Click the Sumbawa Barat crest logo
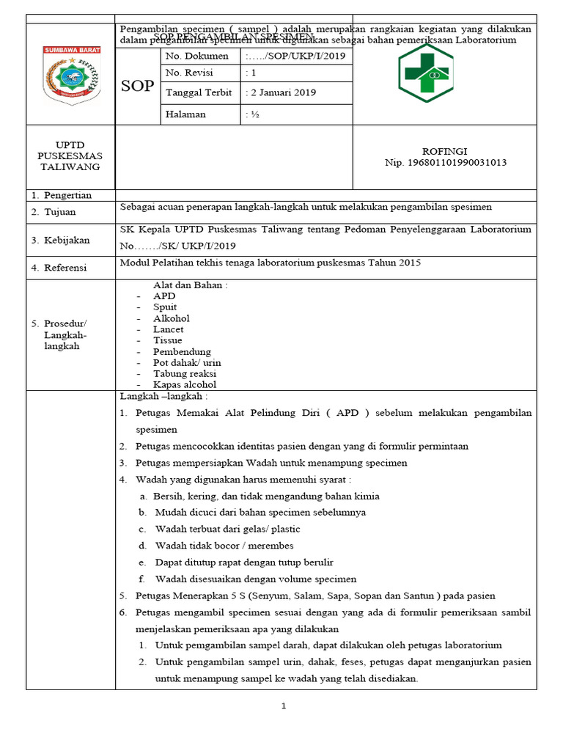(x=72, y=76)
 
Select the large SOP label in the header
(x=138, y=86)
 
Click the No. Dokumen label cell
(x=197, y=56)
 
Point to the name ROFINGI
(x=445, y=150)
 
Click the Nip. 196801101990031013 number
(x=446, y=163)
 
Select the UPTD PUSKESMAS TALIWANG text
(x=70, y=156)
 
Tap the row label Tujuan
(x=59, y=212)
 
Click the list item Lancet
(x=168, y=329)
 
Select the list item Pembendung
(x=182, y=351)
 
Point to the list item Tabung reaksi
(x=185, y=373)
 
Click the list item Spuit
(x=165, y=307)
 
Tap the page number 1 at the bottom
(x=283, y=706)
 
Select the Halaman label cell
(x=185, y=114)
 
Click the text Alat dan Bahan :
(x=190, y=285)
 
